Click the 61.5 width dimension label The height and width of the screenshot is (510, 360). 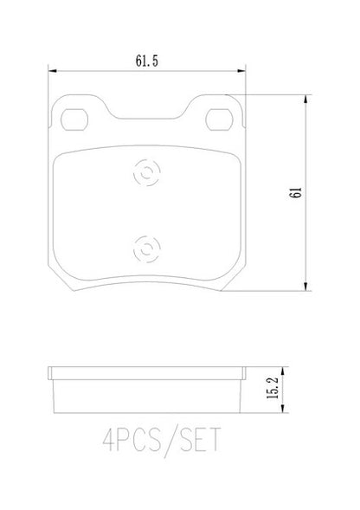[x=146, y=61]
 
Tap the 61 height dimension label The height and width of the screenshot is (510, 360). [x=296, y=193]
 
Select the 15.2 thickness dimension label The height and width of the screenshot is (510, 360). [x=273, y=388]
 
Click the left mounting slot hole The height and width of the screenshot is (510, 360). [x=74, y=119]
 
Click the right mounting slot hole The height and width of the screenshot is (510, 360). [x=219, y=119]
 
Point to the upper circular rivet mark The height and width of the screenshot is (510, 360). [x=146, y=172]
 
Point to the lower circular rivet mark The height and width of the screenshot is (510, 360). [x=146, y=249]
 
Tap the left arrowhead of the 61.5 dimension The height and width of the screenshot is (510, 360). [x=53, y=71]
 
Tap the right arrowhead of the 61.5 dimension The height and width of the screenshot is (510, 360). [x=241, y=71]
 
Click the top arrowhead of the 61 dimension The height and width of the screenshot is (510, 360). [x=305, y=100]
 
